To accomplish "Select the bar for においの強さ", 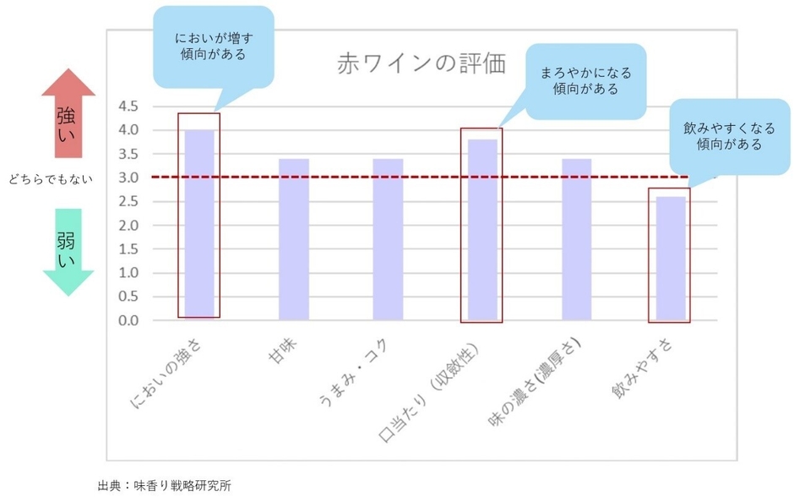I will [x=199, y=225].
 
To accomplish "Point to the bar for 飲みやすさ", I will [x=671, y=259].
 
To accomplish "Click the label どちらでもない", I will [x=51, y=178].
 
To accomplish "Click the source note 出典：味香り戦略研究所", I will [x=165, y=485].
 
